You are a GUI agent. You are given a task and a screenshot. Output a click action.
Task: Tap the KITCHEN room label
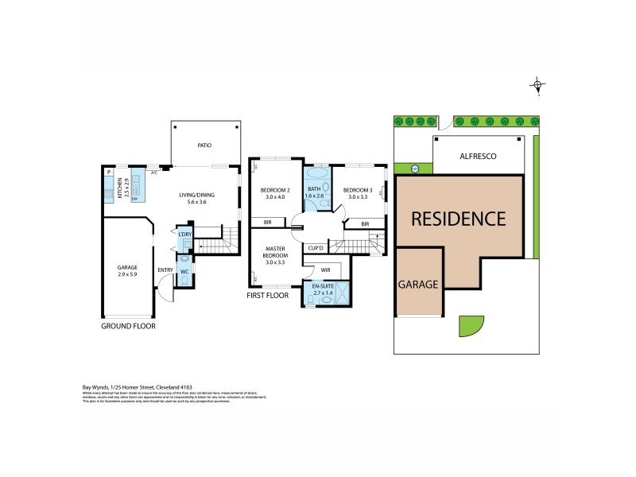pos(121,188)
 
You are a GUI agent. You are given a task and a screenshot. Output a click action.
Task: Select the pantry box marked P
pos(108,172)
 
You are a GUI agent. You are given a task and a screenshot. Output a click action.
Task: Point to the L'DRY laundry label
pos(185,235)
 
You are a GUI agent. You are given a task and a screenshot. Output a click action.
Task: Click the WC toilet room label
pos(184,272)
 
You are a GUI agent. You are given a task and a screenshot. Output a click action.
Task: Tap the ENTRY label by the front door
pos(165,270)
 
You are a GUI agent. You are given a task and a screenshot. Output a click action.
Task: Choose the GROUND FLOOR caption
pos(128,326)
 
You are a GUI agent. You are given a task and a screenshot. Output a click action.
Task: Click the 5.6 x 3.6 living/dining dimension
pos(196,202)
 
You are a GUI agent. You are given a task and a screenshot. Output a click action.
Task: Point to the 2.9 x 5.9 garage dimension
pos(127,274)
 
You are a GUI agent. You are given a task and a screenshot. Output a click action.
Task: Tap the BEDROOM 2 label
pos(275,190)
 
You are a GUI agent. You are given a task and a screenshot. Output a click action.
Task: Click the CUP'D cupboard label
pos(316,249)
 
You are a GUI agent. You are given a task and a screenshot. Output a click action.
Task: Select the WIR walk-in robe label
pos(325,270)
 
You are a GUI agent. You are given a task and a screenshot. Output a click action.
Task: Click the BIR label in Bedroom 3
pos(365,224)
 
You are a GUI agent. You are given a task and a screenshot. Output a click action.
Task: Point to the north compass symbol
pos(538,85)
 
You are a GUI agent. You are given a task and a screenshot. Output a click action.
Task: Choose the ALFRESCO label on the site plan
pos(478,157)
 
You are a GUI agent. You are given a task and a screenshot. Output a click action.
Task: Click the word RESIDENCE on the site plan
pos(458,218)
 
